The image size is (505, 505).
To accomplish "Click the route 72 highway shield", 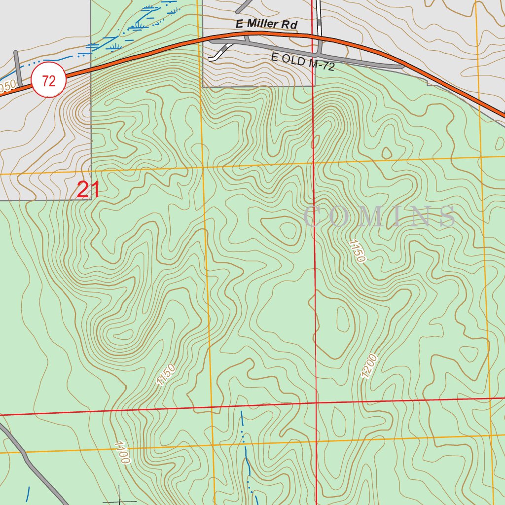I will point(49,80).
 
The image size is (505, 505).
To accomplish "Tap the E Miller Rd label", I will point(267,25).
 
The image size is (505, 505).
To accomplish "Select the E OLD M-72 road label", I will point(302,62).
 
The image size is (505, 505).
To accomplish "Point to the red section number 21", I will point(89,190).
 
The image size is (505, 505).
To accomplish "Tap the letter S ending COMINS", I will point(447,216).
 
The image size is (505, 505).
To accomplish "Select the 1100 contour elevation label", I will point(121,453).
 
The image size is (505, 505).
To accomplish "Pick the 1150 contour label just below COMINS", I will point(357,251).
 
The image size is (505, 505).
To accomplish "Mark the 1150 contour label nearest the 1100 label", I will point(166,375).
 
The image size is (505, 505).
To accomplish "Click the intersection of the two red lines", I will point(316,403).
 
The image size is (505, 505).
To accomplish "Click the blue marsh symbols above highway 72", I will point(138,25).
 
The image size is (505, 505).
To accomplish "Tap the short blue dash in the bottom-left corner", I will point(28,494).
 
